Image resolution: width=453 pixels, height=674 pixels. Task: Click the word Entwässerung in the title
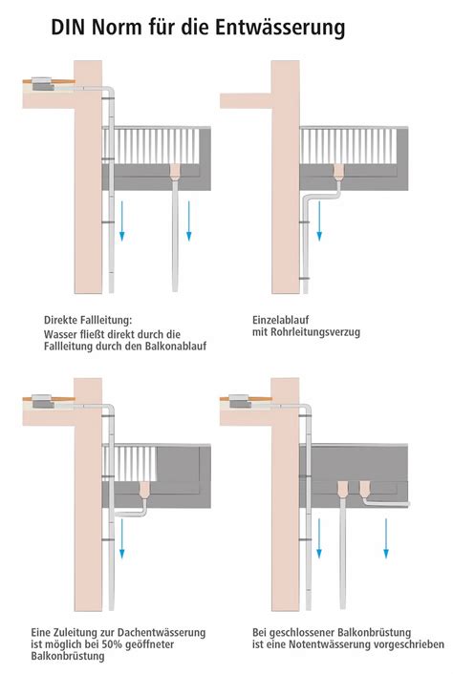coord(280,28)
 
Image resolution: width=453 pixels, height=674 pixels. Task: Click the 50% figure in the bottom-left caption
coord(112,644)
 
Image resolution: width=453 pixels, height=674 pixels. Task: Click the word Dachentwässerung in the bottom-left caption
coord(162,633)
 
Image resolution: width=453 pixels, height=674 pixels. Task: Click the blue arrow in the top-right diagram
coord(319,221)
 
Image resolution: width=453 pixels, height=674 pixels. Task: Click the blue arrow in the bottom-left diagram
coord(121,539)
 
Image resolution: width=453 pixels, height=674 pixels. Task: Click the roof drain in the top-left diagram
coord(43,83)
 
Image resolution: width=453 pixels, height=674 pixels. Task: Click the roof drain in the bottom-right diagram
coord(240,401)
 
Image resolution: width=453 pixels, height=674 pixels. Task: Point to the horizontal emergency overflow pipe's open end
coord(408,504)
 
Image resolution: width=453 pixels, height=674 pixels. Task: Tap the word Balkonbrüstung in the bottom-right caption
coord(374,633)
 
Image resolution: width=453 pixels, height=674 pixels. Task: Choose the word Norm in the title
coord(117,28)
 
